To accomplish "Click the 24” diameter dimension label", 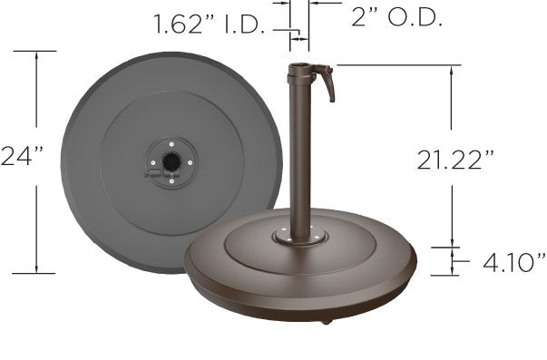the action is pos(22,156).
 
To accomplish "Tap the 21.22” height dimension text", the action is pos(455,160).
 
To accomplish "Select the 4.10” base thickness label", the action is pos(514,262).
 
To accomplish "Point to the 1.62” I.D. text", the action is pos(210,24).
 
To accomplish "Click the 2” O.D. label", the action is pos(396,16).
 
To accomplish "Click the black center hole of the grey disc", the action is pos(171,161).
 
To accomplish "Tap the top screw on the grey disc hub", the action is pos(171,144).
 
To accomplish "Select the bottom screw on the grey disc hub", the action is pos(171,181).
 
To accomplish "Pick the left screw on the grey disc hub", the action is pos(152,162).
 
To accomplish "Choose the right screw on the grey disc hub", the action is pos(190,162).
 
